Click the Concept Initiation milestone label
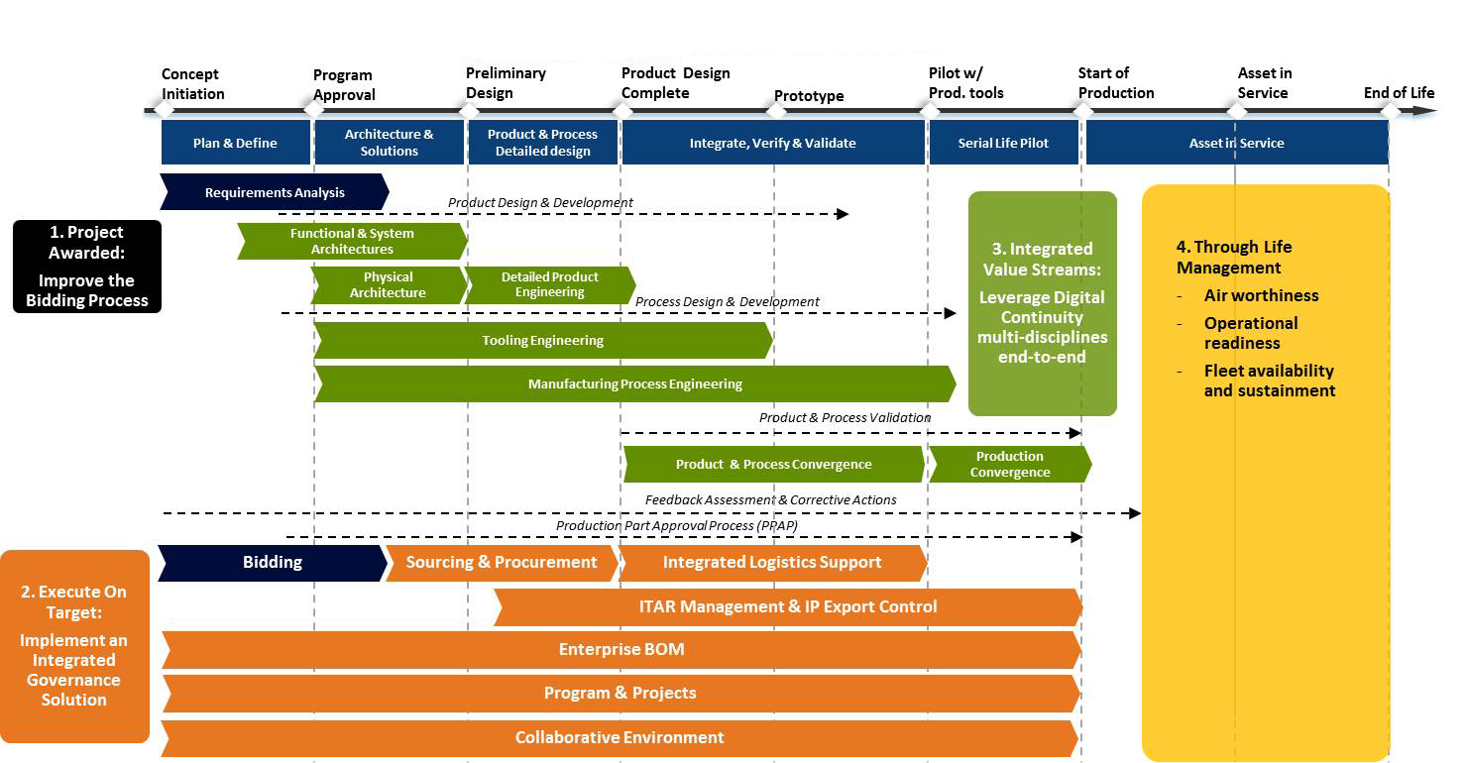[193, 84]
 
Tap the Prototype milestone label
[809, 96]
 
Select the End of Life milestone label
[1399, 93]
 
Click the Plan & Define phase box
[236, 143]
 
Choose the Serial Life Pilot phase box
[1003, 143]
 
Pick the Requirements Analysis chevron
[275, 192]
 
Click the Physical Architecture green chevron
[388, 285]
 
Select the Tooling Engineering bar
[542, 341]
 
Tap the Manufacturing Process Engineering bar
[634, 384]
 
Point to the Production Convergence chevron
[1009, 465]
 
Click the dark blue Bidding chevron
[272, 563]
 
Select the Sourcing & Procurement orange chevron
[502, 563]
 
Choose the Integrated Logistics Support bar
[772, 563]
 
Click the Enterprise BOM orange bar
[621, 650]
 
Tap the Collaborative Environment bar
[620, 738]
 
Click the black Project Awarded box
[87, 267]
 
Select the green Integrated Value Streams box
[1042, 302]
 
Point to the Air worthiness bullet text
[1261, 295]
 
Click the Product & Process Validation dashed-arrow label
[845, 418]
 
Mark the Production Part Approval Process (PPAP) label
[676, 526]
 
